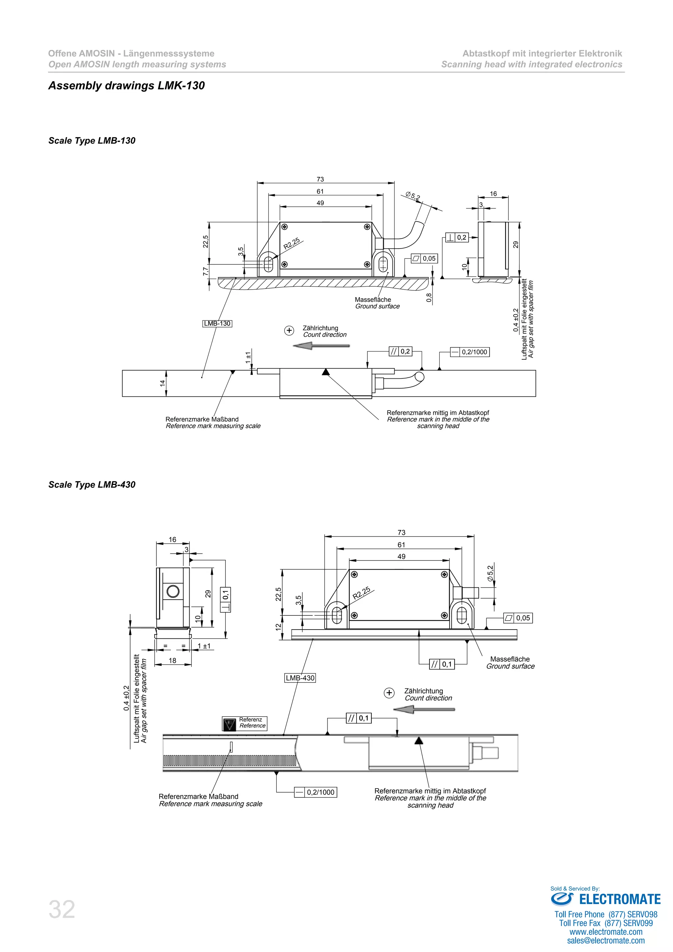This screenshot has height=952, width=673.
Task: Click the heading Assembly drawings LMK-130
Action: coord(127,85)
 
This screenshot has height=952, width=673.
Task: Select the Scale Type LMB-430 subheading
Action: coord(92,484)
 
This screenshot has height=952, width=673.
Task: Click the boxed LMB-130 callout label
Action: coord(217,323)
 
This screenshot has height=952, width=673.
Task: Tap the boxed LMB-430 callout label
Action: coord(300,678)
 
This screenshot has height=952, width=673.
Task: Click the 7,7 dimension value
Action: coord(205,271)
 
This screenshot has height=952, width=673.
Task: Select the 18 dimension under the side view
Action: coord(173,660)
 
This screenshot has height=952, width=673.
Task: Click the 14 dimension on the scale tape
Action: coord(162,383)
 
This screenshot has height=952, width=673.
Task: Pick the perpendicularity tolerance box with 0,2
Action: coord(457,238)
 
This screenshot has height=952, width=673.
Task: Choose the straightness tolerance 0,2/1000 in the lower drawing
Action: coord(315,792)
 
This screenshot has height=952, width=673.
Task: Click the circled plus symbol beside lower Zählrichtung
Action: coord(389,693)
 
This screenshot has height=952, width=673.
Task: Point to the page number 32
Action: coord(62,909)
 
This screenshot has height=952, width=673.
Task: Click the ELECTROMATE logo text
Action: coord(619,899)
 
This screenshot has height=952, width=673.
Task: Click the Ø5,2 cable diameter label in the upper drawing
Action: coord(413,196)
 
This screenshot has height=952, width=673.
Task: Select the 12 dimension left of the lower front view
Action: coord(278,627)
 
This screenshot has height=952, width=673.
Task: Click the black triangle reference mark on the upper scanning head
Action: coord(326,371)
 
